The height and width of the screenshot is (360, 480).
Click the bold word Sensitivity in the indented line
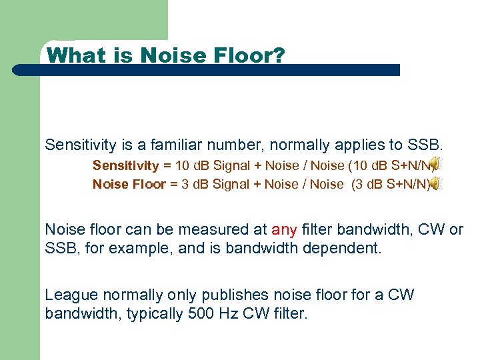click(x=125, y=165)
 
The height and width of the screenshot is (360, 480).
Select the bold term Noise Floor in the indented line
click(x=129, y=184)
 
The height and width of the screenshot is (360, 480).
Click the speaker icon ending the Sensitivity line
click(x=434, y=164)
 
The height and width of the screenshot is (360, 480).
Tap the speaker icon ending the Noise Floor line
click(x=434, y=184)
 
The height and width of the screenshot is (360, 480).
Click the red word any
click(x=283, y=230)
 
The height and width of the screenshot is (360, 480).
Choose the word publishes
click(x=223, y=295)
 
